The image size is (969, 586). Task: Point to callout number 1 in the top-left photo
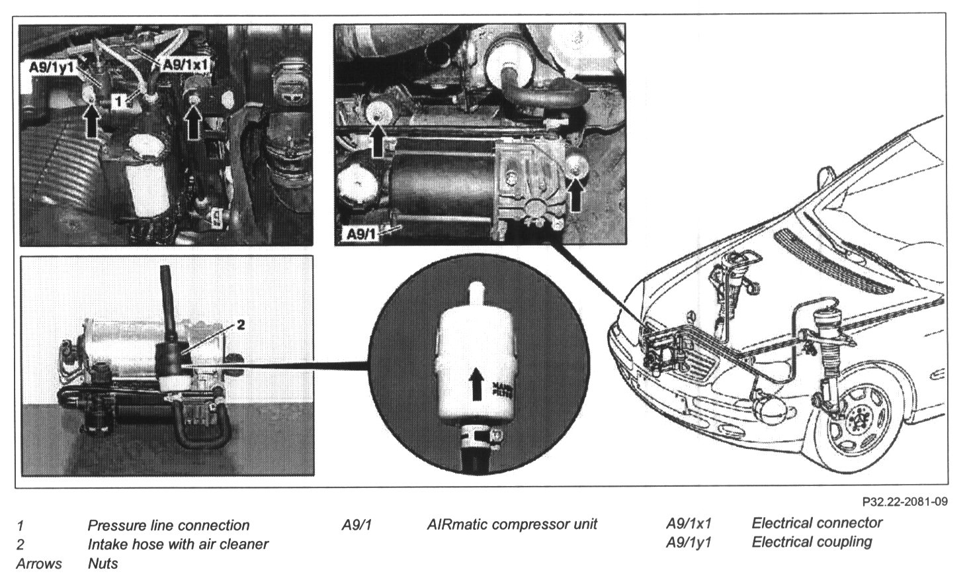point(117,101)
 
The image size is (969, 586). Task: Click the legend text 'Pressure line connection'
point(168,526)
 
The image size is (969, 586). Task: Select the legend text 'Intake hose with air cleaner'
point(177,544)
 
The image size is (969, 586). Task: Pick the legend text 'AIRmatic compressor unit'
point(512,524)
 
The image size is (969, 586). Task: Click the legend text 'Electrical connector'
point(817,523)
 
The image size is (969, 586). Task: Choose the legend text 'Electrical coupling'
point(812,542)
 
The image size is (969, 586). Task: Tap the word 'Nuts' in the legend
point(103,563)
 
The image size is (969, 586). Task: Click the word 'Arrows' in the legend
point(39,563)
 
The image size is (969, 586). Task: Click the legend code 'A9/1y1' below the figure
point(693,542)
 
